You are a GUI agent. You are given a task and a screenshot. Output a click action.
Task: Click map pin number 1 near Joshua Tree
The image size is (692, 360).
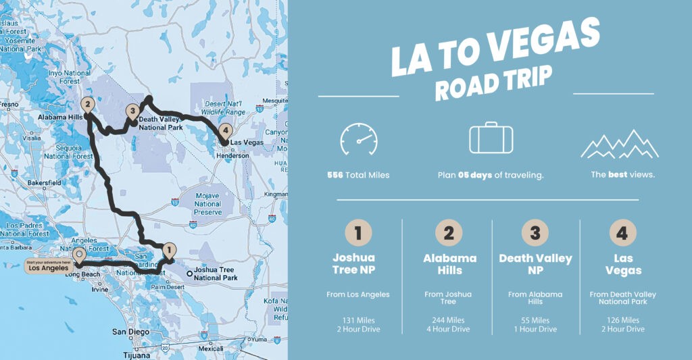pos(169,249)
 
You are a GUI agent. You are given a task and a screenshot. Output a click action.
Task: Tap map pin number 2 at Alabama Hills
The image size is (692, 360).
pos(86,105)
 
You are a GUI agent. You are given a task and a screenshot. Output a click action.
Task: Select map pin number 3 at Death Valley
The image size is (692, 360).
pos(132,112)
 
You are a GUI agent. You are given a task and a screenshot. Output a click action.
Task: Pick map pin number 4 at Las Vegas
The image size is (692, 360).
pos(225,132)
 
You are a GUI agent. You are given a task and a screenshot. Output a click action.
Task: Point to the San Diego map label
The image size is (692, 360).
pos(130,332)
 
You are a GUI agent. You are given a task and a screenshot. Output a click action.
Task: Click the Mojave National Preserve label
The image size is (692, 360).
pos(207,203)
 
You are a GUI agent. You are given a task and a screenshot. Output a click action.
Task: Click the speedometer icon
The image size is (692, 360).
pos(358,139)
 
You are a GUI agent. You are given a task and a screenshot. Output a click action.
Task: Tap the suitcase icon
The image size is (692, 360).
pos(491,138)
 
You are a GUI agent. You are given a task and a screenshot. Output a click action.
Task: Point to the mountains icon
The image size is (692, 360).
pos(620,143)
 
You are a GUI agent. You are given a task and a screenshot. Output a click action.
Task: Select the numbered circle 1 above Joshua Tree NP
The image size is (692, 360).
pos(358,233)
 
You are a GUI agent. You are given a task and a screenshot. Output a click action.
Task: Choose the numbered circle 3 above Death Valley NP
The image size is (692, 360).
pos(535,233)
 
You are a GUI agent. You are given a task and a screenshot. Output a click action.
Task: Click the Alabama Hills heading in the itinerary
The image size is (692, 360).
pos(449,264)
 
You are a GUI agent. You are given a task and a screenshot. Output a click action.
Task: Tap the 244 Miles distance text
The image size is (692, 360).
pos(449,320)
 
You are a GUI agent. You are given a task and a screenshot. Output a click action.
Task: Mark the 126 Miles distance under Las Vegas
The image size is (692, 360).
pos(623,320)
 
